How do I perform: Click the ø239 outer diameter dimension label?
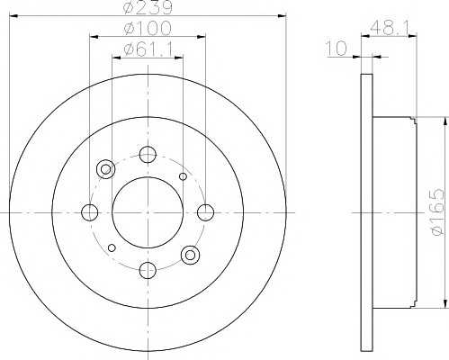pos(148,7)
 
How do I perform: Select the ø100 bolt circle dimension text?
pos(148,29)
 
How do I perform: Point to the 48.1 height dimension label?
pos(389,29)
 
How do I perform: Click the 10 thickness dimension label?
pos(336,49)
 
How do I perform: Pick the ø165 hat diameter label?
pos(436,211)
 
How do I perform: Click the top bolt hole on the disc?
pos(148,155)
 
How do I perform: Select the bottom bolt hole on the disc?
pos(148,270)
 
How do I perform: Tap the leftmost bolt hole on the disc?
pos(90,212)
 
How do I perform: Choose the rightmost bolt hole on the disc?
pos(206,212)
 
